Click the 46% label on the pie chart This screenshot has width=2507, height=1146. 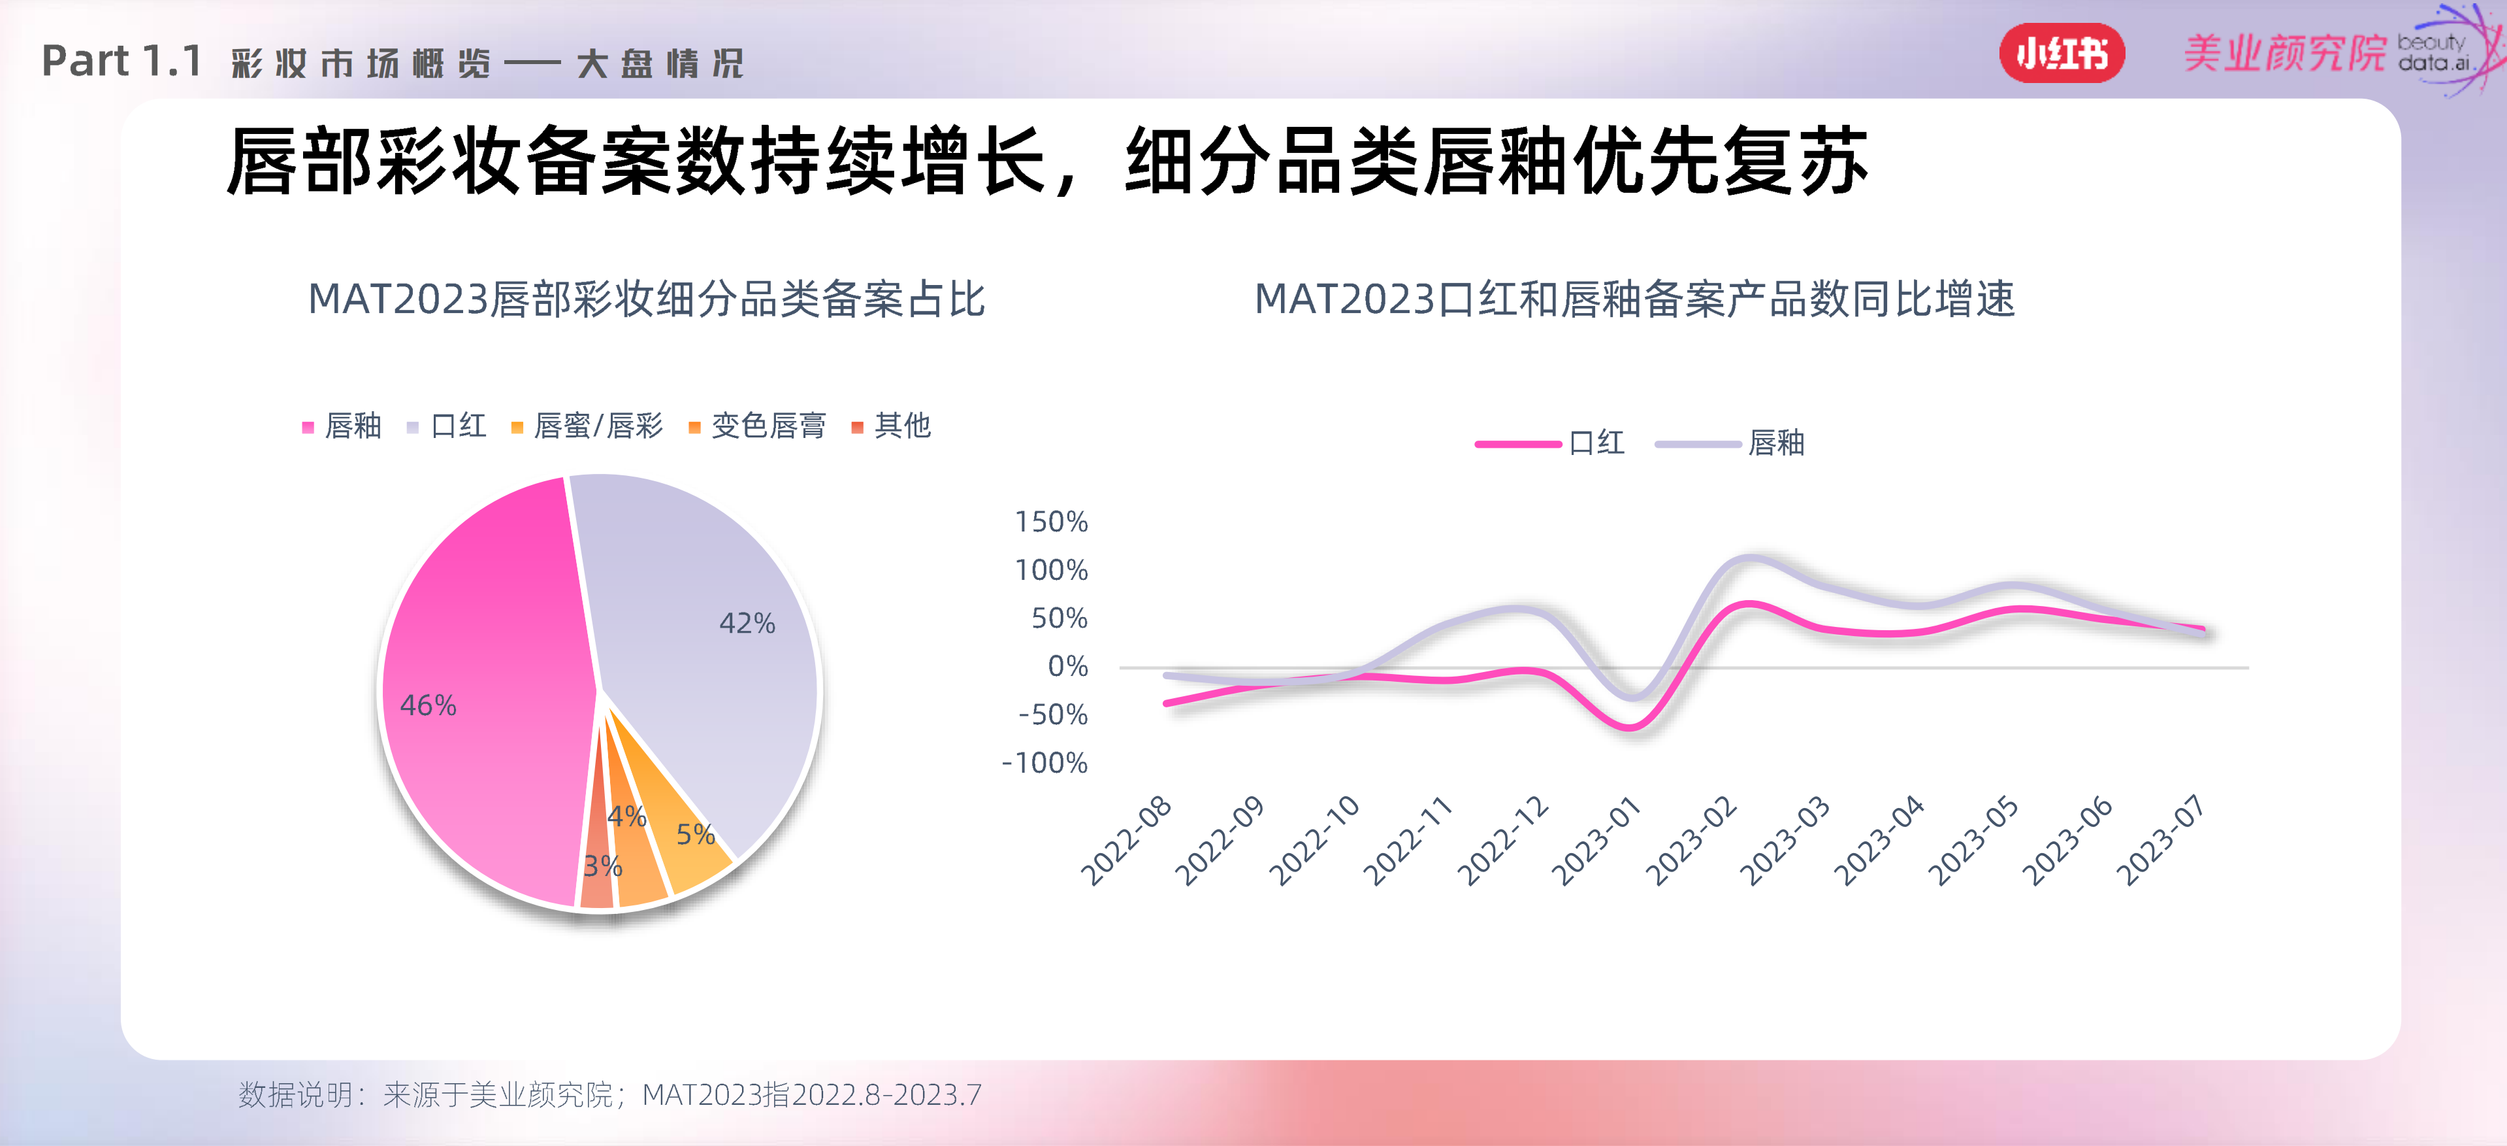click(x=429, y=705)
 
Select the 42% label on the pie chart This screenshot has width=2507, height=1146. click(x=747, y=623)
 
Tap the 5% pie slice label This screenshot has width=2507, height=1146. click(x=695, y=834)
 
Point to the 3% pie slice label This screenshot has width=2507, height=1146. click(x=602, y=866)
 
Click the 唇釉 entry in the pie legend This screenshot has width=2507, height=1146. click(x=342, y=426)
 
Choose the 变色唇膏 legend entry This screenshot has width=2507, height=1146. click(x=758, y=426)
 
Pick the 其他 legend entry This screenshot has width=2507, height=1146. click(x=892, y=426)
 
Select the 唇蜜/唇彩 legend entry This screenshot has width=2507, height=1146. click(x=588, y=426)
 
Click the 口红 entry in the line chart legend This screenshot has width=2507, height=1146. click(x=1550, y=443)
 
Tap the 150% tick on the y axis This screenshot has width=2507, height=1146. click(x=1051, y=522)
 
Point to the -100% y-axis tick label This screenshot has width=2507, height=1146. click(x=1044, y=762)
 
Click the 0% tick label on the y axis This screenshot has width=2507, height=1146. click(x=1067, y=666)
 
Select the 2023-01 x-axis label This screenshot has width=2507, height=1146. click(x=1596, y=841)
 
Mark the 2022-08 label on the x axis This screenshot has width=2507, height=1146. click(x=1126, y=841)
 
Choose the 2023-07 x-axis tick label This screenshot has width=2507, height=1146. click(x=2161, y=841)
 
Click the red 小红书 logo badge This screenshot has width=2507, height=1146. click(x=2062, y=54)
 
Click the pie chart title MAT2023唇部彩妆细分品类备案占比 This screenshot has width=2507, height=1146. click(x=646, y=299)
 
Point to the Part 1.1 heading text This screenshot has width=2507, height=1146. click(x=121, y=61)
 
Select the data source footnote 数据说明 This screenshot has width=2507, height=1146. click(x=610, y=1094)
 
